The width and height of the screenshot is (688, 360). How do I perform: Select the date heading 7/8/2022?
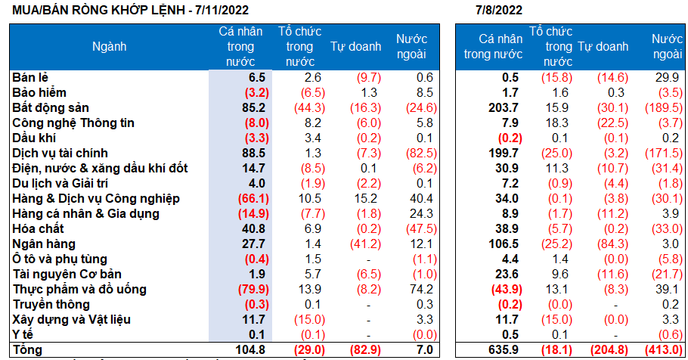point(499,10)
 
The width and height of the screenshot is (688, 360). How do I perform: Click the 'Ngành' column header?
point(110,46)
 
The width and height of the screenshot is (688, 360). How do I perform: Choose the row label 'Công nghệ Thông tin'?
point(68,123)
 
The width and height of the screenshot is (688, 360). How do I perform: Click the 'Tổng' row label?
point(28,349)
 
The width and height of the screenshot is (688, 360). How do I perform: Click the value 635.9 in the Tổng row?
point(504,349)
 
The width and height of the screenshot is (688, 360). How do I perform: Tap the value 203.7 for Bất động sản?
point(504,107)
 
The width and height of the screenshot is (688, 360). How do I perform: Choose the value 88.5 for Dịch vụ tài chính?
point(252,153)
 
